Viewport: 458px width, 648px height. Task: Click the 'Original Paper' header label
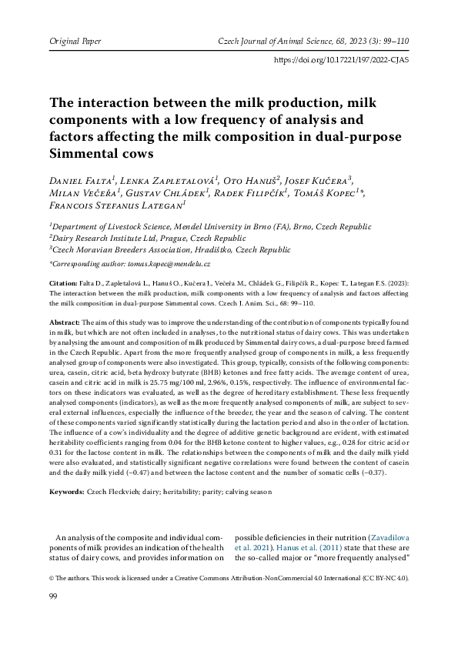(75, 39)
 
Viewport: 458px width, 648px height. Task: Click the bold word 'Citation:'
(63, 283)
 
